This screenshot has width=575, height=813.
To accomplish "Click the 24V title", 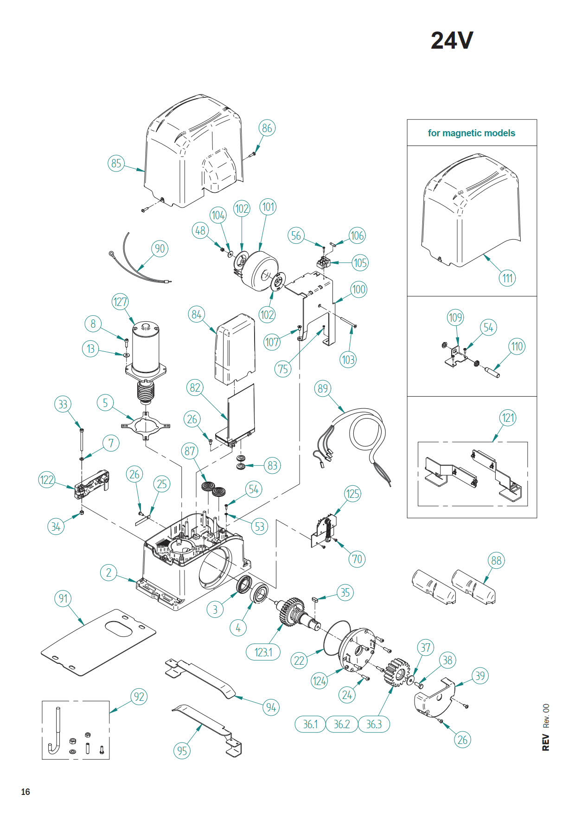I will [452, 40].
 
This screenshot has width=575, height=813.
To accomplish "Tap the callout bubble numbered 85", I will [116, 163].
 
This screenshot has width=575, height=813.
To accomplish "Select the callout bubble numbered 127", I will [120, 302].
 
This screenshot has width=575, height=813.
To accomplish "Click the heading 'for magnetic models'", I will [471, 133].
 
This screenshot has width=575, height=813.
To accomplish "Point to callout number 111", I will [508, 278].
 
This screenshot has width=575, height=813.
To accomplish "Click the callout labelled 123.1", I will [263, 652].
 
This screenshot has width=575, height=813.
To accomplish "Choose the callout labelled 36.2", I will [342, 724].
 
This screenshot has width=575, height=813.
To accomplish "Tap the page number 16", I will [26, 792].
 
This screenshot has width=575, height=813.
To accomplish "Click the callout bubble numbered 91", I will [63, 598].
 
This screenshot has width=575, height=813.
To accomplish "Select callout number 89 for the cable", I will [323, 388].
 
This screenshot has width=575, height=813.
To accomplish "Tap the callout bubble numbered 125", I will [352, 494].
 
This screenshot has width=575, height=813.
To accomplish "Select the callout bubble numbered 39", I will [480, 676].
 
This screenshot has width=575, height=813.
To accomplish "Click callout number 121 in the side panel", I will [508, 418].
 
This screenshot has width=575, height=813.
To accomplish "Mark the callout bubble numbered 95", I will [182, 750].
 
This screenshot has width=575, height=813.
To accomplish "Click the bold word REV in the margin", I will [546, 742].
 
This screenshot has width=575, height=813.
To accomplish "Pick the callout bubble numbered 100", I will [358, 290].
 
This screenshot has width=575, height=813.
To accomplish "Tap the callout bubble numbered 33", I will [63, 404].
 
